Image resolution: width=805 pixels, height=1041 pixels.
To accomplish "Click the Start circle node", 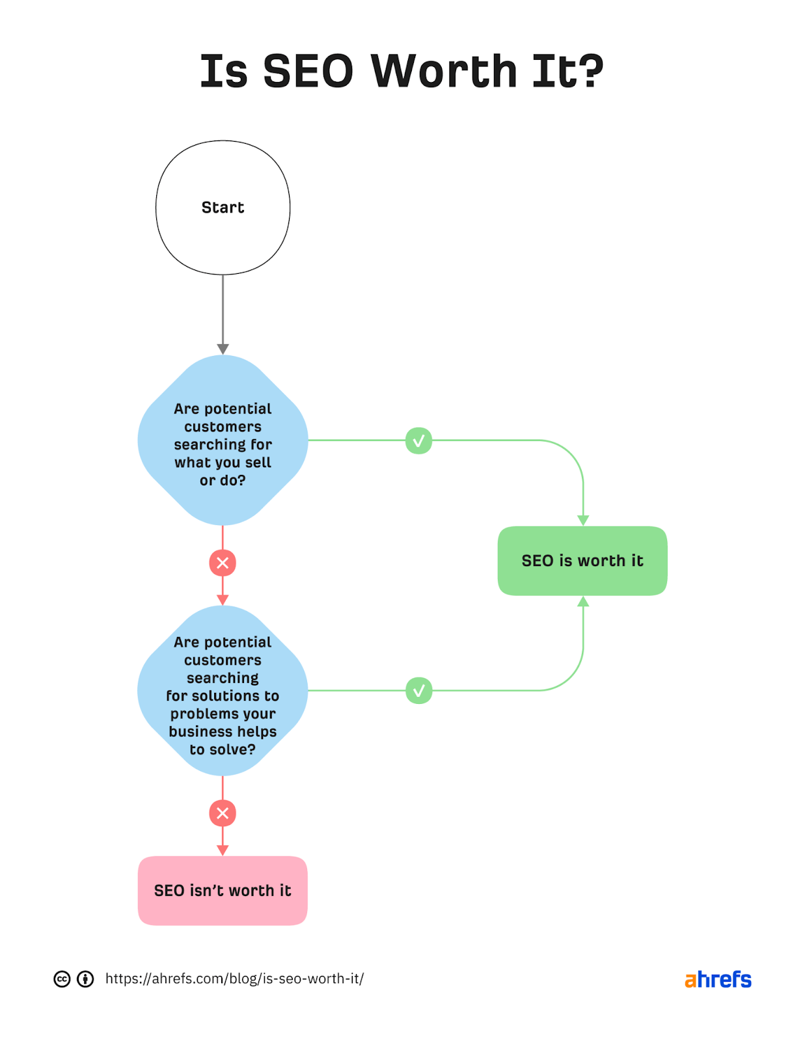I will pyautogui.click(x=223, y=208).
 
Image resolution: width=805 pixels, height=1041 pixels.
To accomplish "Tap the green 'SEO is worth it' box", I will pyautogui.click(x=582, y=561).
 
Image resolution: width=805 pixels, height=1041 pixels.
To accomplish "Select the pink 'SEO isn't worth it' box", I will pyautogui.click(x=223, y=891).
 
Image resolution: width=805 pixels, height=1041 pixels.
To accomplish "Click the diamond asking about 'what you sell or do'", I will pyautogui.click(x=223, y=440).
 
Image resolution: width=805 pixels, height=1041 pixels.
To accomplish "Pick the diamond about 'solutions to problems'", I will pyautogui.click(x=223, y=691).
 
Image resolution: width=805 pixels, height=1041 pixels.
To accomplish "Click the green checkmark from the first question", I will pyautogui.click(x=418, y=440).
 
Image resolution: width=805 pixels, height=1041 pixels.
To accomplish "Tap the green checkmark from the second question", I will pyautogui.click(x=418, y=691).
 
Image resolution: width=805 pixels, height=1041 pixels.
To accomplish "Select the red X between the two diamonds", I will pyautogui.click(x=223, y=563).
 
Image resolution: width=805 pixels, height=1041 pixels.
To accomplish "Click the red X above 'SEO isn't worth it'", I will pyautogui.click(x=223, y=813).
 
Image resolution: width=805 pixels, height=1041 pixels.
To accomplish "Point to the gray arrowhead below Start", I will pyautogui.click(x=223, y=349).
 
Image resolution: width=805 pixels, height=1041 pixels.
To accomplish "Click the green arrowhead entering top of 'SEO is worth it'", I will pyautogui.click(x=583, y=520).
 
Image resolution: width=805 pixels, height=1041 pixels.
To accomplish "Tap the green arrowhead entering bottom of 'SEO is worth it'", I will pyautogui.click(x=583, y=602).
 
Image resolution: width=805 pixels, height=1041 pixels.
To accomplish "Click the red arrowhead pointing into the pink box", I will pyautogui.click(x=223, y=850).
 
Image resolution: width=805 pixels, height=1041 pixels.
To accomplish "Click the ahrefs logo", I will pyautogui.click(x=718, y=979).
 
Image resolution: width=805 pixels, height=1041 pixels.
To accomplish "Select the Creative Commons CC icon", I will pyautogui.click(x=62, y=979).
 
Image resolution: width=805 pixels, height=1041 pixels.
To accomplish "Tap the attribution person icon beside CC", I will pyautogui.click(x=85, y=979).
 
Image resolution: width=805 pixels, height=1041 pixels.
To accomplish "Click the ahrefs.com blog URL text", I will pyautogui.click(x=234, y=979).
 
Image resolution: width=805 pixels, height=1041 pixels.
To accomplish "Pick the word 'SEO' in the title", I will pyautogui.click(x=308, y=71).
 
